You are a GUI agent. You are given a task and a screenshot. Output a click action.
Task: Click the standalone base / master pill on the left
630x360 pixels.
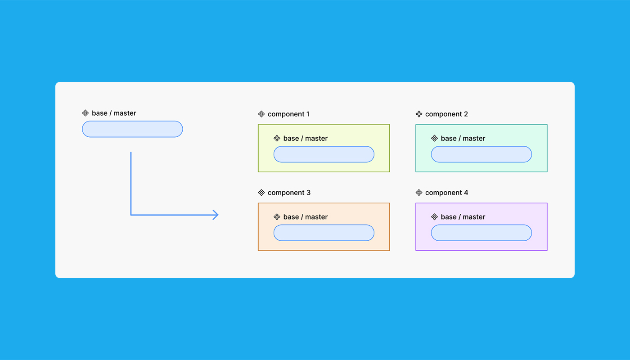(x=132, y=129)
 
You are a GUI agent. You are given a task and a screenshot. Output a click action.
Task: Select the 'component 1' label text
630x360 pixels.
(x=288, y=114)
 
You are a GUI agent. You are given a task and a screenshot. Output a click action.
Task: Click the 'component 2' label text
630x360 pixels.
(x=446, y=114)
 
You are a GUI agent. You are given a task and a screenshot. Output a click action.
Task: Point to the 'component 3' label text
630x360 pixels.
(x=289, y=193)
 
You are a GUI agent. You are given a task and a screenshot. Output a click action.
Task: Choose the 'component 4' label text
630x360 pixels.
(x=446, y=193)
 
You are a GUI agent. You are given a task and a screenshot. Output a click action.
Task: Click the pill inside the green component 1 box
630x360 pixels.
(x=324, y=154)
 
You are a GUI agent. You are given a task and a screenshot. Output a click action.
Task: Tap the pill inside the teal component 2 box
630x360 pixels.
(x=481, y=154)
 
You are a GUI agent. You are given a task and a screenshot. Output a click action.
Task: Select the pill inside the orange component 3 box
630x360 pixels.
(x=324, y=233)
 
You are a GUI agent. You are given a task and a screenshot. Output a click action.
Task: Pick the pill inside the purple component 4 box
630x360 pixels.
(x=481, y=233)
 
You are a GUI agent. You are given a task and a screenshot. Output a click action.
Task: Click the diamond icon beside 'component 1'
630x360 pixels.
(x=261, y=114)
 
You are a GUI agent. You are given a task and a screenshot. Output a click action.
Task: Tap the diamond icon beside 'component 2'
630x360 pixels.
(x=419, y=114)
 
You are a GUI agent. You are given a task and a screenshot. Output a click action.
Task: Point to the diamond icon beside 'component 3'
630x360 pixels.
(x=261, y=193)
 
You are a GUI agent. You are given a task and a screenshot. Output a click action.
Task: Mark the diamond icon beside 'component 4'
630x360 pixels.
(x=419, y=193)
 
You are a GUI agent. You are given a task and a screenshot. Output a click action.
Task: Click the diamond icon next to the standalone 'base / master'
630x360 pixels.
(x=85, y=113)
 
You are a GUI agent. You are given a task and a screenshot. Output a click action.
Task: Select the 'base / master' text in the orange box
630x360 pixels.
(x=306, y=217)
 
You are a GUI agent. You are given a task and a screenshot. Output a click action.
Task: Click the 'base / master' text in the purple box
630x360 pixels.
(x=463, y=217)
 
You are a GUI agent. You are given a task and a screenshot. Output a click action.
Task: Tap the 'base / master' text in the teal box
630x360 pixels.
(x=463, y=139)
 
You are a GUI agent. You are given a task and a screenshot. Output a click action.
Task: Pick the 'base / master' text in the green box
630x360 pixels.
(x=306, y=139)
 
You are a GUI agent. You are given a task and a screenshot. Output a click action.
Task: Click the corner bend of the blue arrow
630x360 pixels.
(x=131, y=215)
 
